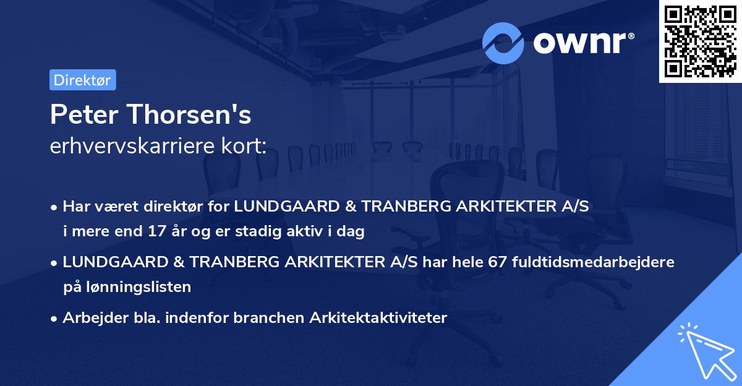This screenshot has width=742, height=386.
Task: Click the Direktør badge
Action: coord(82,80)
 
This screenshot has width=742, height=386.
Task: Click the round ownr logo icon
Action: coord(503,43)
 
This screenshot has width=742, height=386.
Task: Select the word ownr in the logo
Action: coord(583,43)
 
